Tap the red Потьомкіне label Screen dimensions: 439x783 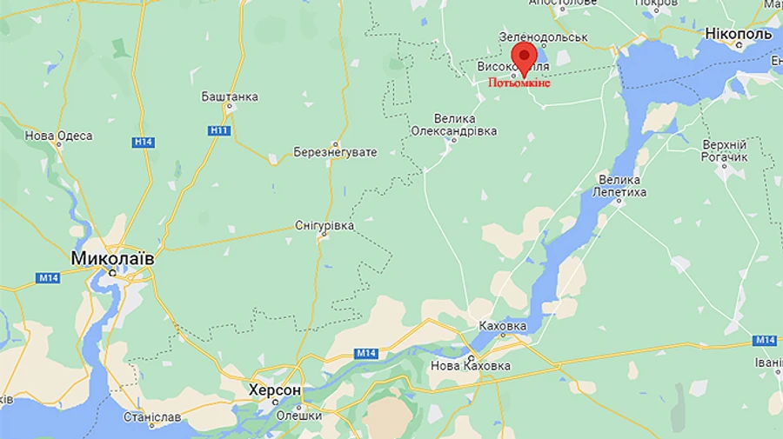click(519, 83)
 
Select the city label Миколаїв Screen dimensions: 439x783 click(112, 258)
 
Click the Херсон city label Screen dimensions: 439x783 click(275, 390)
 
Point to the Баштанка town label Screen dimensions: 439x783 click(230, 96)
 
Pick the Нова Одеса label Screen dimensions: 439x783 click(58, 136)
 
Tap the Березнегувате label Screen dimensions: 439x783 click(336, 152)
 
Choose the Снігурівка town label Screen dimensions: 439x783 click(325, 225)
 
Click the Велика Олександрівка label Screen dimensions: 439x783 click(454, 124)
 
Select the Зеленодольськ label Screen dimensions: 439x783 click(544, 37)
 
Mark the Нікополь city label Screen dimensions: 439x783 click(739, 34)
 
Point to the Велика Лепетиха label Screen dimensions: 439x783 click(621, 185)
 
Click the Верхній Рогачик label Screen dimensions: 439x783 click(725, 150)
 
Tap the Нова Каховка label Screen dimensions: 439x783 click(471, 366)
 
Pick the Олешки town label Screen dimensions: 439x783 click(299, 415)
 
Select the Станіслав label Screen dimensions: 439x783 click(152, 417)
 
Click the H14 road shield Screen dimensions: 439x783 click(144, 142)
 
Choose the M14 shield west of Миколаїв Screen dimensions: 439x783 click(47, 278)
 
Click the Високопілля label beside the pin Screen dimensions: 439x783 click(513, 66)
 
